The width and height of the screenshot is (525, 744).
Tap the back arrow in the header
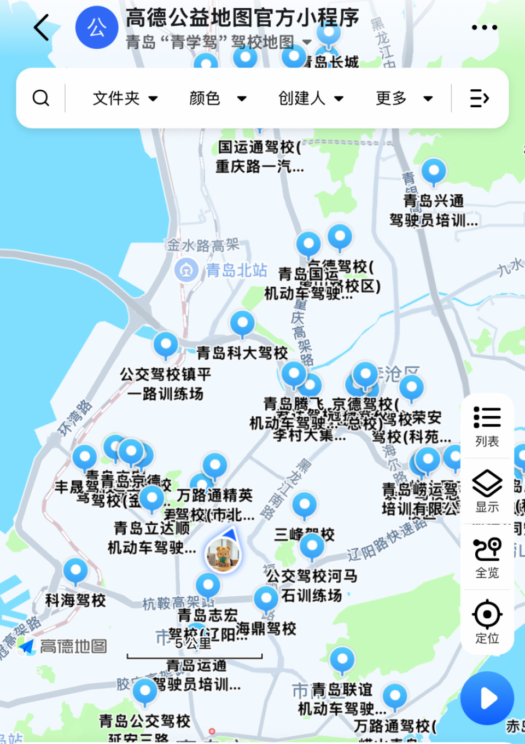[x=42, y=27]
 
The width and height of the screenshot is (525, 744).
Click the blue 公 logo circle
[x=97, y=27]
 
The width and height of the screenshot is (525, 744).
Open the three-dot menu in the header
[x=484, y=27]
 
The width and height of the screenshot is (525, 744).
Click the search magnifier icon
[x=41, y=98]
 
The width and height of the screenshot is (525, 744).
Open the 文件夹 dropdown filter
[x=125, y=98]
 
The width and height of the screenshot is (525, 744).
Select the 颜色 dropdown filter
[x=218, y=98]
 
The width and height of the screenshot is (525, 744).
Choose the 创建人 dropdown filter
[x=311, y=98]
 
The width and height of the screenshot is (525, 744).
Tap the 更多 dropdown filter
[x=404, y=98]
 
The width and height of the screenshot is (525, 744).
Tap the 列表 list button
[x=487, y=426]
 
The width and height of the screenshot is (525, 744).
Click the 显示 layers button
[x=487, y=491]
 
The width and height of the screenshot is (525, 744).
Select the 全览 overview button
[x=487, y=557]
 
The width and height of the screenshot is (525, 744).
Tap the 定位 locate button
[x=487, y=622]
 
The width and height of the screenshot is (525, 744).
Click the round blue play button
[x=487, y=698]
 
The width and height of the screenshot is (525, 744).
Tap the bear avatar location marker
[x=223, y=555]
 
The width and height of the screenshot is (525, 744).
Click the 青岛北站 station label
[x=236, y=270]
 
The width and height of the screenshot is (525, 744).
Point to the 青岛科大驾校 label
[x=242, y=353]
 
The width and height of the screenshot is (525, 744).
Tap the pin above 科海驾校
[x=75, y=571]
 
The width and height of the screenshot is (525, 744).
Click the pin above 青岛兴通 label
[x=434, y=171]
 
